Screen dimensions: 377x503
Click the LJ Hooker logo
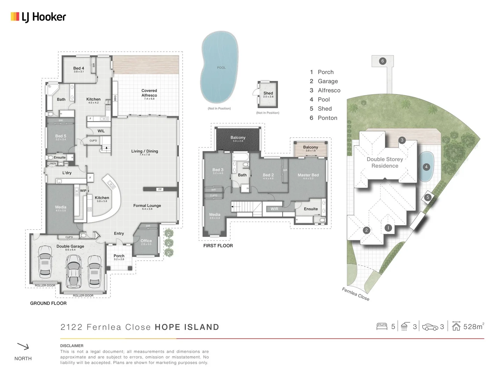[x=38, y=17]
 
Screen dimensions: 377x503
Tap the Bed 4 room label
[x=79, y=68]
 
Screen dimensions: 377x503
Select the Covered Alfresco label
[x=149, y=93]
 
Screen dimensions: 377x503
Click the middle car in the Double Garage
[x=73, y=270]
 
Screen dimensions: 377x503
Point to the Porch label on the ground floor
[x=119, y=256]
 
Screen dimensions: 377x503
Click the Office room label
[x=146, y=241]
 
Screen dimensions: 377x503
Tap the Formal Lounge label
[x=147, y=206]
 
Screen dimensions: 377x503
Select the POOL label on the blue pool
[x=221, y=68]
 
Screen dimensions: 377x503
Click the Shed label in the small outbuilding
[x=268, y=93]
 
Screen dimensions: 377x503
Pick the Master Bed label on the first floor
[x=308, y=175]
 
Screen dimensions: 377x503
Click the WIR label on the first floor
[x=275, y=209]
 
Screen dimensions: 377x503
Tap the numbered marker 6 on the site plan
[x=382, y=61]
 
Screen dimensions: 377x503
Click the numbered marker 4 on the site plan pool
[x=426, y=167]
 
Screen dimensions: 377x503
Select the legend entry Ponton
[x=327, y=118]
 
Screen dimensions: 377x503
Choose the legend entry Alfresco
[x=329, y=90]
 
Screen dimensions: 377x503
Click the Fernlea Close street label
[x=355, y=294]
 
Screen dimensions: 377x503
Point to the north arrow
[x=23, y=346]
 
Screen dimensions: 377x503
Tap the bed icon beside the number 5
[x=382, y=326]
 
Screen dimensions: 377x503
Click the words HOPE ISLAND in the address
[x=187, y=327]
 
